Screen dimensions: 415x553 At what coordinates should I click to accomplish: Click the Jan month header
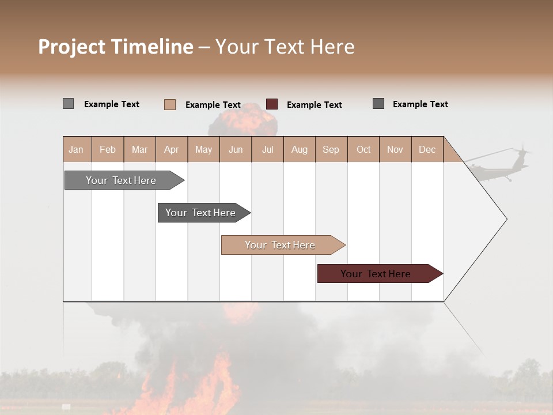76,149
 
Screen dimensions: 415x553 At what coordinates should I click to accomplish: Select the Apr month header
171,149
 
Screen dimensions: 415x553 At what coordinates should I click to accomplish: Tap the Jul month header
267,149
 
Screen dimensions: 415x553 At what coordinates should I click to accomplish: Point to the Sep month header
331,149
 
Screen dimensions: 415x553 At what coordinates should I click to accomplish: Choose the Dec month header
427,149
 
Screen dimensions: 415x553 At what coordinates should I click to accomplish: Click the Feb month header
108,149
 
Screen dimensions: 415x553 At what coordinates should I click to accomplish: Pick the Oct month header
363,149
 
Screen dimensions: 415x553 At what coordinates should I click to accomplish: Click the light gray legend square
68,104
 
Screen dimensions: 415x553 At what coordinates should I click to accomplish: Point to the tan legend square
169,104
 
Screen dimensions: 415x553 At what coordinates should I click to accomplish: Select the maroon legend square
272,104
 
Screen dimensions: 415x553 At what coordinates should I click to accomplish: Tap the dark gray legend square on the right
378,104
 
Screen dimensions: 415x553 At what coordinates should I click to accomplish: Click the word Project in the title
72,47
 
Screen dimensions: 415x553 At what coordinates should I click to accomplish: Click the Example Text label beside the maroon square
314,105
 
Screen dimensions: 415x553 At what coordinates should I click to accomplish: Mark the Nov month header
395,149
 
